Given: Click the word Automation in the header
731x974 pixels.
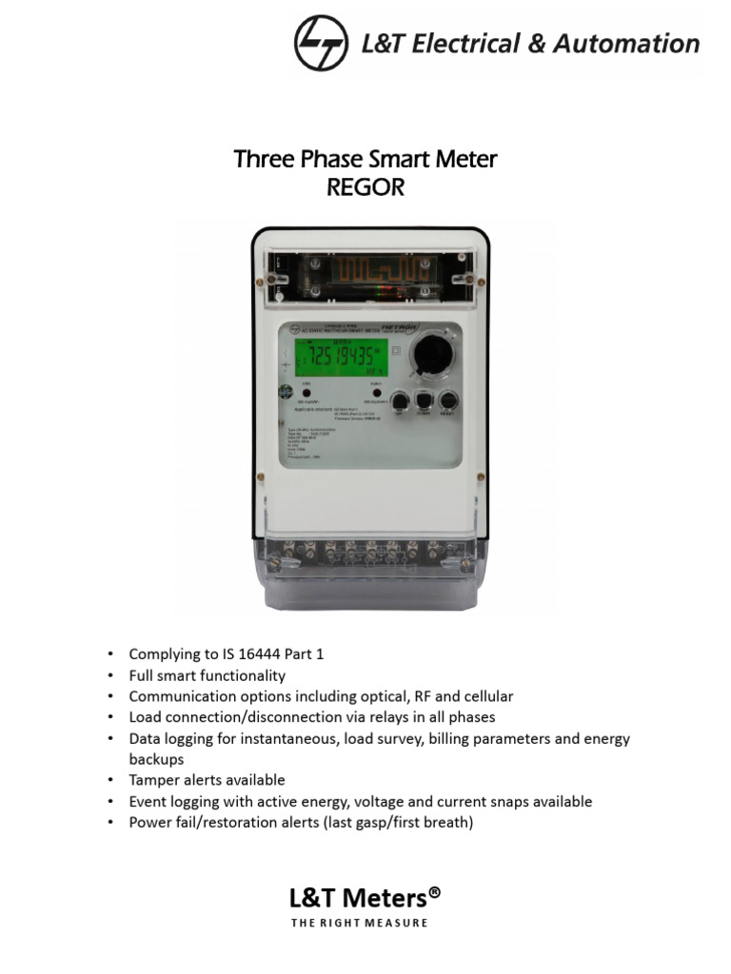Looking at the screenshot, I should tap(630, 44).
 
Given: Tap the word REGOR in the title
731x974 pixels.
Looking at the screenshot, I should tap(365, 187).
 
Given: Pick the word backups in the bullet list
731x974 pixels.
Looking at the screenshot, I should tap(156, 759).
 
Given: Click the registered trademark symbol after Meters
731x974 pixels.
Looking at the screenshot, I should tap(434, 892).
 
